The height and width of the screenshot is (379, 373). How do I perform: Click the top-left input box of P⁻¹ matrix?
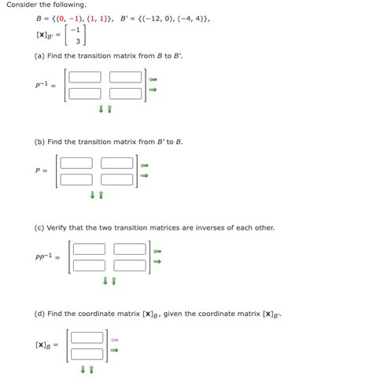pyautogui.click(x=85, y=77)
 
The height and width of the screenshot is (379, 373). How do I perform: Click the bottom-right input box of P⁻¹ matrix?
pyautogui.click(x=125, y=93)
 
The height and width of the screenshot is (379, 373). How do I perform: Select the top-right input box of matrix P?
pyautogui.click(x=117, y=164)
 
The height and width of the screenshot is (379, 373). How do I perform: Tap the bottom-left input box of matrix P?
pyautogui.click(x=76, y=178)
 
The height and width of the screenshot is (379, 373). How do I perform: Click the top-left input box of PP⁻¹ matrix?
pyautogui.click(x=89, y=249)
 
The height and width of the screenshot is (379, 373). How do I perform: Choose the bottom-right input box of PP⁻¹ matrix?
pyautogui.click(x=130, y=264)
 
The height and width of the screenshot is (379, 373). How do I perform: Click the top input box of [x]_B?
pyautogui.click(x=87, y=337)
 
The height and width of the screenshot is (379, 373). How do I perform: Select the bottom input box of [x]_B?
pyautogui.click(x=87, y=353)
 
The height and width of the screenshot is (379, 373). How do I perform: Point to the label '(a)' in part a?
pyautogui.click(x=39, y=57)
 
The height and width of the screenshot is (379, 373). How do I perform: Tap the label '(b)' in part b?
pyautogui.click(x=39, y=142)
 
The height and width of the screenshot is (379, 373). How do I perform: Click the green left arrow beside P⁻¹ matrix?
pyautogui.click(x=154, y=79)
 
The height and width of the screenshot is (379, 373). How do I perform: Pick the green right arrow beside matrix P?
pyautogui.click(x=145, y=175)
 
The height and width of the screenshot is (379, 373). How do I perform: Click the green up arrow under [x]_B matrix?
pyautogui.click(x=92, y=369)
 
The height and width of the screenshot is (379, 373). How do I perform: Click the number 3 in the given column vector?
pyautogui.click(x=77, y=42)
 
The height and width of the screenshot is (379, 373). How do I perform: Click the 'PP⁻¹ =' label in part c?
pyautogui.click(x=46, y=257)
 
